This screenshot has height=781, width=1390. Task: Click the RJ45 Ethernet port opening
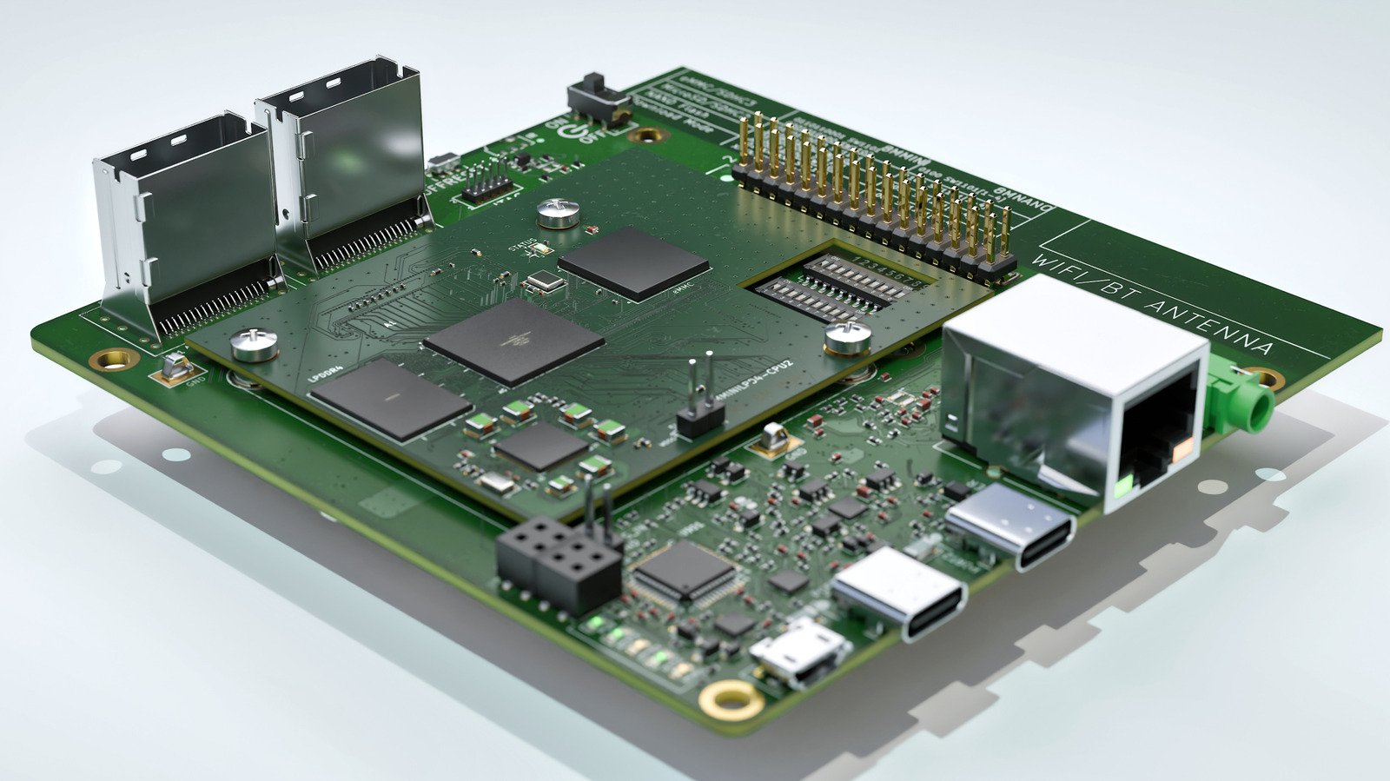pyautogui.click(x=1160, y=443)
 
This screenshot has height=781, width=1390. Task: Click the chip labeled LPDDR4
pyautogui.click(x=392, y=397)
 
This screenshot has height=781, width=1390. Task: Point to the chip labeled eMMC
pyautogui.click(x=633, y=261)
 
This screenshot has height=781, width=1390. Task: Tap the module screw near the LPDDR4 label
pyautogui.click(x=255, y=345)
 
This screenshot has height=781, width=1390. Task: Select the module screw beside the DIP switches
pyautogui.click(x=847, y=335)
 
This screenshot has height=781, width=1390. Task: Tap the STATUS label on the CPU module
pyautogui.click(x=521, y=245)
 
